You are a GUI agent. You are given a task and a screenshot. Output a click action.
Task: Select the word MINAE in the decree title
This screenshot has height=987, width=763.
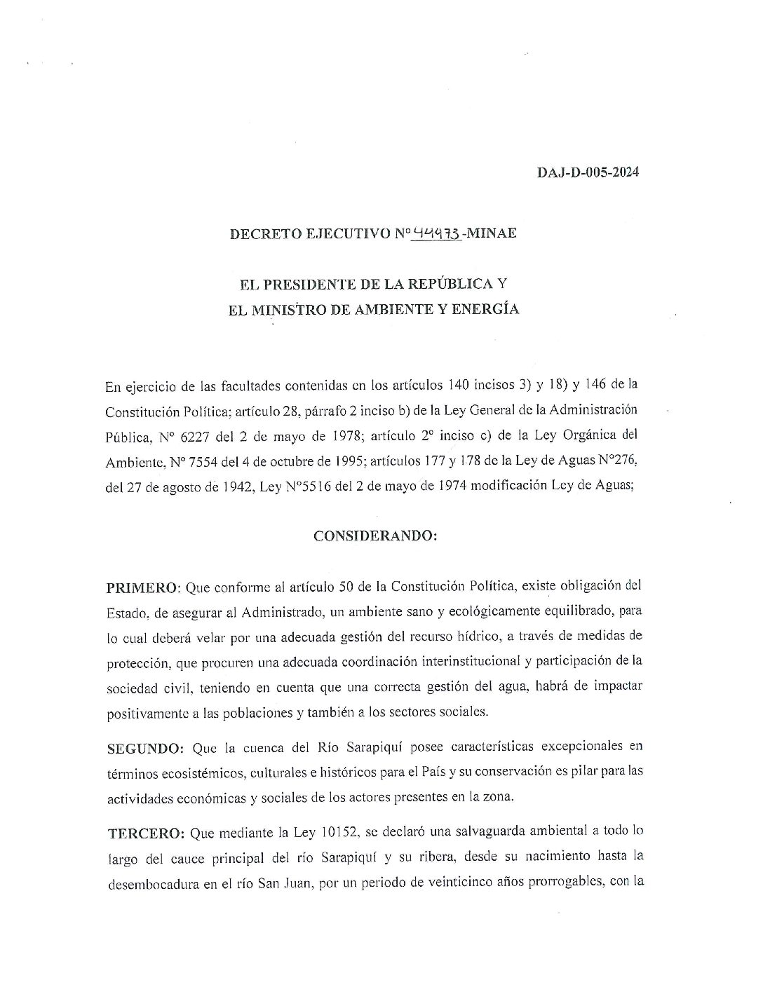click(x=492, y=233)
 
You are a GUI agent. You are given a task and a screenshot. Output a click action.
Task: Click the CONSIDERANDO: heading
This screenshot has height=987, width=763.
click(x=375, y=536)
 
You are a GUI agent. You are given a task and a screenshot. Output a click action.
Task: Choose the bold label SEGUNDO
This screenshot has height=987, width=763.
click(x=145, y=747)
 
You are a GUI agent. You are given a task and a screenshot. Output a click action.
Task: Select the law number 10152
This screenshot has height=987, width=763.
click(x=340, y=832)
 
